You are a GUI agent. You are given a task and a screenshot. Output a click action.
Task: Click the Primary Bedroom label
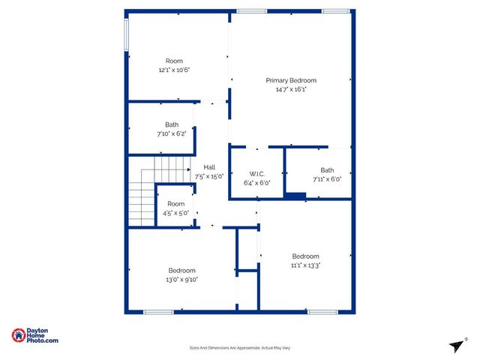[291, 80]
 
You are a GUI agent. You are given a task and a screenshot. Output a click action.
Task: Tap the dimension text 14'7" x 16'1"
[291, 89]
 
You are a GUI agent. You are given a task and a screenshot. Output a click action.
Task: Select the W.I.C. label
[256, 173]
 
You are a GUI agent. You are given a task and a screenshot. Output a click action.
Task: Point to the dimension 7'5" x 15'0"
[210, 176]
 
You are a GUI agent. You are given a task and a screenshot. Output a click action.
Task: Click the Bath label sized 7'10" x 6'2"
[172, 124]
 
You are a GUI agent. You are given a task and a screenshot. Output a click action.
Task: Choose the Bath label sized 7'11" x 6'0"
[327, 170]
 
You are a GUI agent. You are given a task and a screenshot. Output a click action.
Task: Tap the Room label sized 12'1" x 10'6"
[174, 61]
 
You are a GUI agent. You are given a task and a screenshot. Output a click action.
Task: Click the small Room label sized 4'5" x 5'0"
[175, 204]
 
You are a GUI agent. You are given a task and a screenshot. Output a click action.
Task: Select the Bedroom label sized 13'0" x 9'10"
[182, 271]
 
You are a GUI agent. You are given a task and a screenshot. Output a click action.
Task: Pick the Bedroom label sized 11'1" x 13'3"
[305, 256]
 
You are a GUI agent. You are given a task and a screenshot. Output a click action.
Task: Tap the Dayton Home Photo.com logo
[35, 336]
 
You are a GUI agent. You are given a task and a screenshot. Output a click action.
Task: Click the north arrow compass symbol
[454, 344]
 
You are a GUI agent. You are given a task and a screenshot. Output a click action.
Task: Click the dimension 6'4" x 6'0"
[256, 182]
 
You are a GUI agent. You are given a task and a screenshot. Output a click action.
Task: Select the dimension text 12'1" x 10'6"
[174, 70]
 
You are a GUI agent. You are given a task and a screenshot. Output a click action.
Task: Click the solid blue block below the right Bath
[295, 196]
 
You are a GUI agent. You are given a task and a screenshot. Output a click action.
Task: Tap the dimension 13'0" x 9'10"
[182, 280]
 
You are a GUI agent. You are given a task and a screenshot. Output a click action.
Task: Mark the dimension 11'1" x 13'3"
[305, 265]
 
